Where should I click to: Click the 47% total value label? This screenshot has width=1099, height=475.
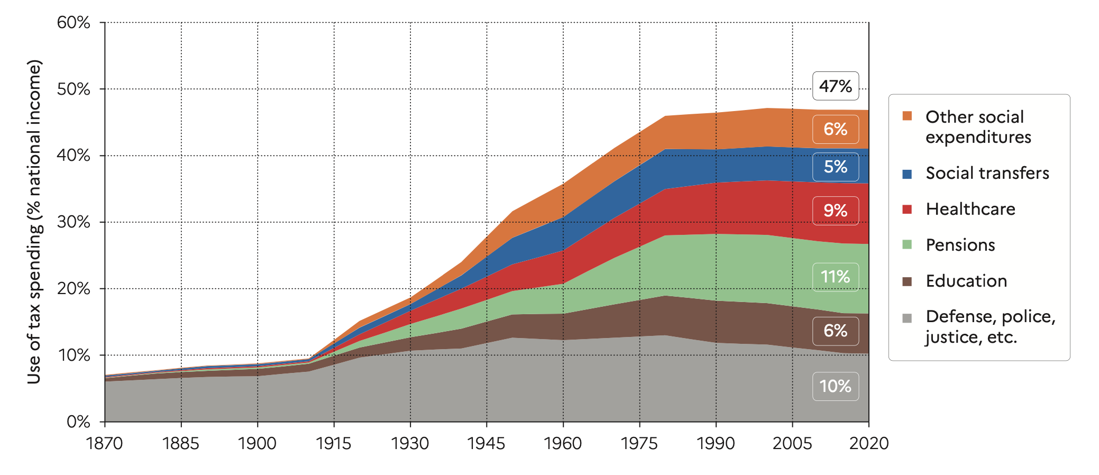(x=835, y=86)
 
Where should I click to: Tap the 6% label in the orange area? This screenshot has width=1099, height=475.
(x=835, y=129)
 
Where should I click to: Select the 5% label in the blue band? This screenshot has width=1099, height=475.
(x=835, y=167)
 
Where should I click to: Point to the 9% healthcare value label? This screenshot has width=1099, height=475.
(x=835, y=211)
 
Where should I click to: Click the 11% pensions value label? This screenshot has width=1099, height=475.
(x=835, y=277)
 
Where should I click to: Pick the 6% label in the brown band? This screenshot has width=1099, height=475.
(x=835, y=331)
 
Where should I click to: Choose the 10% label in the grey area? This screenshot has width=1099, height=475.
(x=835, y=386)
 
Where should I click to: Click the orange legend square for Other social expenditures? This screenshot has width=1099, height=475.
(x=907, y=116)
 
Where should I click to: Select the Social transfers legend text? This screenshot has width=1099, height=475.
(x=987, y=173)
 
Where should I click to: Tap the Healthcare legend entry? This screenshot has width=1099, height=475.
(x=970, y=209)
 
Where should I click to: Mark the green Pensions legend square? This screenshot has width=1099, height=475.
(x=907, y=245)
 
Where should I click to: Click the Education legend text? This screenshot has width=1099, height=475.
(x=966, y=281)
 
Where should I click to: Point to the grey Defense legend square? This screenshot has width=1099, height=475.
(x=907, y=318)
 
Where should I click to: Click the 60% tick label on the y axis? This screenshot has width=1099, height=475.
(x=74, y=23)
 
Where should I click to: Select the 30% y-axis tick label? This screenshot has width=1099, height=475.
(x=74, y=222)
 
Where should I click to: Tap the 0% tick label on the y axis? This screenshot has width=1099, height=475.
(x=78, y=422)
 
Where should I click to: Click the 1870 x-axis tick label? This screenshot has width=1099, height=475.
(x=105, y=443)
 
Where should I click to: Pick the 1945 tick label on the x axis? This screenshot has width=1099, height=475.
(x=487, y=443)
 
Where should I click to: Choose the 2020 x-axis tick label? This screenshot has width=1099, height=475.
(x=868, y=443)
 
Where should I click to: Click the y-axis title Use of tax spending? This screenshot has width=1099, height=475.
(x=34, y=222)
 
